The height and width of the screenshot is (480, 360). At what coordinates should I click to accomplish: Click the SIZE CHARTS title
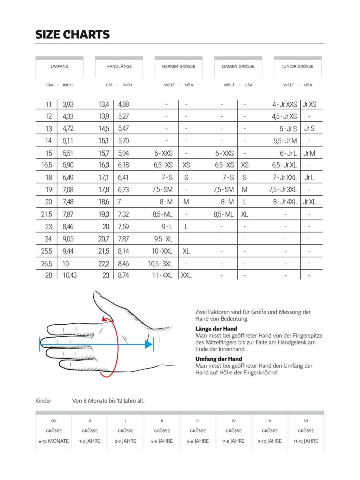(72, 35)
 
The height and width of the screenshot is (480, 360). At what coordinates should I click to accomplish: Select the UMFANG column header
(59, 66)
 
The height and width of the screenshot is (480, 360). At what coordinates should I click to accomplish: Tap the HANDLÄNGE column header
(119, 66)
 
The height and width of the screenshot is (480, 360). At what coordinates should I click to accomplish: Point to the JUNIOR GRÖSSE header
(298, 66)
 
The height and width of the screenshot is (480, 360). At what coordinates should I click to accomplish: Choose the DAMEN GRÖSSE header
(238, 66)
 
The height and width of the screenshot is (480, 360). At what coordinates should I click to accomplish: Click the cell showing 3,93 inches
(68, 104)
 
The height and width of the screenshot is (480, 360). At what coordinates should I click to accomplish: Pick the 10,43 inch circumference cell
(70, 275)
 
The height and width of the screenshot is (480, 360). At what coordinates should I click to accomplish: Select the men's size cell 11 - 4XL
(162, 275)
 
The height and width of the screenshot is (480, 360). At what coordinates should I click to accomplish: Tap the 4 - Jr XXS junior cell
(284, 104)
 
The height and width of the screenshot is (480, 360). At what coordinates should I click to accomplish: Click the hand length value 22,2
(104, 263)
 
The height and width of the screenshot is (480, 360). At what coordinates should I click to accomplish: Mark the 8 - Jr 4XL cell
(284, 202)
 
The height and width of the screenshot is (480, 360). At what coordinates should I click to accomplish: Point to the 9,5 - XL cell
(163, 239)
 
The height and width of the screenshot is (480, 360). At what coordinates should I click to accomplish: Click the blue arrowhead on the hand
(149, 344)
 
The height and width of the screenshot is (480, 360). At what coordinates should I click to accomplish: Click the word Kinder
(43, 401)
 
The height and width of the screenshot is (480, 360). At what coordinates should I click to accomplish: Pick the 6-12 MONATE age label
(54, 441)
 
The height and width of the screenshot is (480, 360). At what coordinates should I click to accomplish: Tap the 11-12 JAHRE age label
(306, 441)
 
